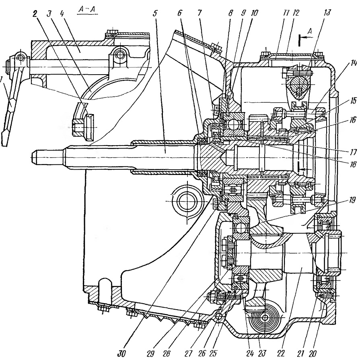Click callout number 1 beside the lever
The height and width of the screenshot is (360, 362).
point(2,80)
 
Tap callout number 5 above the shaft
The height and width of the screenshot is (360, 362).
point(155,13)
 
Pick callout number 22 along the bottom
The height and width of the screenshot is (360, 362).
point(282,354)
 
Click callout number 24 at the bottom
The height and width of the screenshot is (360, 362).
point(250,354)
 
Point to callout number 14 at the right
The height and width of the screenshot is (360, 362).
point(353,63)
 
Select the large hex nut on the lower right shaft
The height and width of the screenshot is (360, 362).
point(333,253)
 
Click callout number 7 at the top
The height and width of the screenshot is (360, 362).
point(200,13)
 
